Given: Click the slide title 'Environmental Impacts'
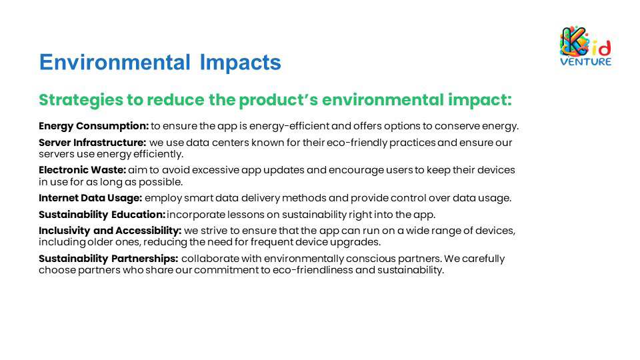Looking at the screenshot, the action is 160,63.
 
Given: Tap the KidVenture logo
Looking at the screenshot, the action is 585,46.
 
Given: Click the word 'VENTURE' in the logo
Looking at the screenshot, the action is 586,61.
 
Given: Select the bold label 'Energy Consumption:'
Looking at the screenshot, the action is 94,126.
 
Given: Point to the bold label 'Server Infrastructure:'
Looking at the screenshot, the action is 92,143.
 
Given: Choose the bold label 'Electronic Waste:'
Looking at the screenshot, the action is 83,170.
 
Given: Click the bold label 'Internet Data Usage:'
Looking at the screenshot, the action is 90,198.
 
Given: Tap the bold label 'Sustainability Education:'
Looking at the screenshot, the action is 102,215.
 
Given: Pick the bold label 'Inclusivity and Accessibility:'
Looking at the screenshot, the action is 110,231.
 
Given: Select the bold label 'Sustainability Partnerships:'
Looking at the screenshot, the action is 109,259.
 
